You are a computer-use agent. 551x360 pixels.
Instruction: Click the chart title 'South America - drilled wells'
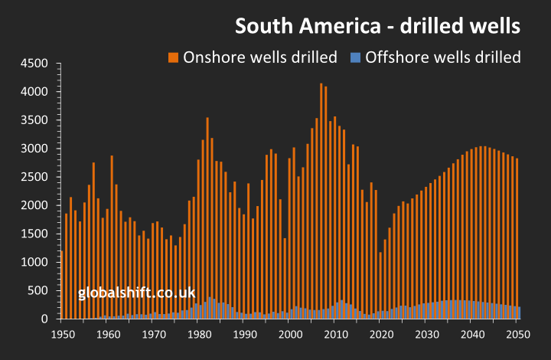[x=378, y=26]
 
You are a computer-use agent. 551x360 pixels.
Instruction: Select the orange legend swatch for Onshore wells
[x=173, y=57]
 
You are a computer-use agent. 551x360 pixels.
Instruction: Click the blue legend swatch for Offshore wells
[x=355, y=57]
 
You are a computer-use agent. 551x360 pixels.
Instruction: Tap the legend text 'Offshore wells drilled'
[x=443, y=57]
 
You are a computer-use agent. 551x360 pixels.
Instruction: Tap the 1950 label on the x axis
[x=62, y=335]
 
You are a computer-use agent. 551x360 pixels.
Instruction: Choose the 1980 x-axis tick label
[x=199, y=335]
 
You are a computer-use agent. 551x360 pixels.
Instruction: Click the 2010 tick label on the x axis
[x=335, y=335]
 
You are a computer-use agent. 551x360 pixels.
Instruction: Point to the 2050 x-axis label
[x=518, y=335]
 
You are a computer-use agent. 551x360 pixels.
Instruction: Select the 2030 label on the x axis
[x=427, y=335]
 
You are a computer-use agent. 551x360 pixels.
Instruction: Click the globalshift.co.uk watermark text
[x=137, y=293]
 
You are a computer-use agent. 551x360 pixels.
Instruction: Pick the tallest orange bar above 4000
[x=321, y=199]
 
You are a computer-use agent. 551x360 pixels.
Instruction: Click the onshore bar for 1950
[x=62, y=283]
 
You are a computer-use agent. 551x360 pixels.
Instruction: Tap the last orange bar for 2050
[x=517, y=230]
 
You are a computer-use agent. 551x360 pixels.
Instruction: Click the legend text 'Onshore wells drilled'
[x=260, y=57]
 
